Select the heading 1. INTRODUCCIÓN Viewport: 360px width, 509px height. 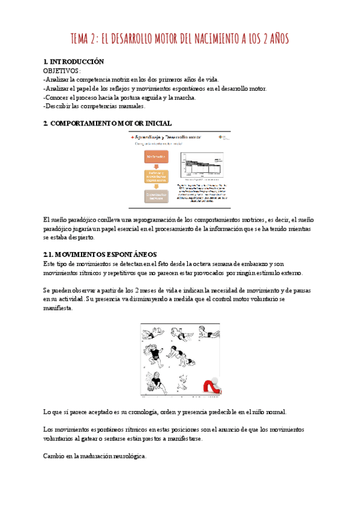pos(74,62)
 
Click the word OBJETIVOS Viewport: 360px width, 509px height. pos(62,71)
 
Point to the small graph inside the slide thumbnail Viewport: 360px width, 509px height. pos(204,166)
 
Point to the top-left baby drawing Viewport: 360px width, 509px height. pos(154,333)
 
